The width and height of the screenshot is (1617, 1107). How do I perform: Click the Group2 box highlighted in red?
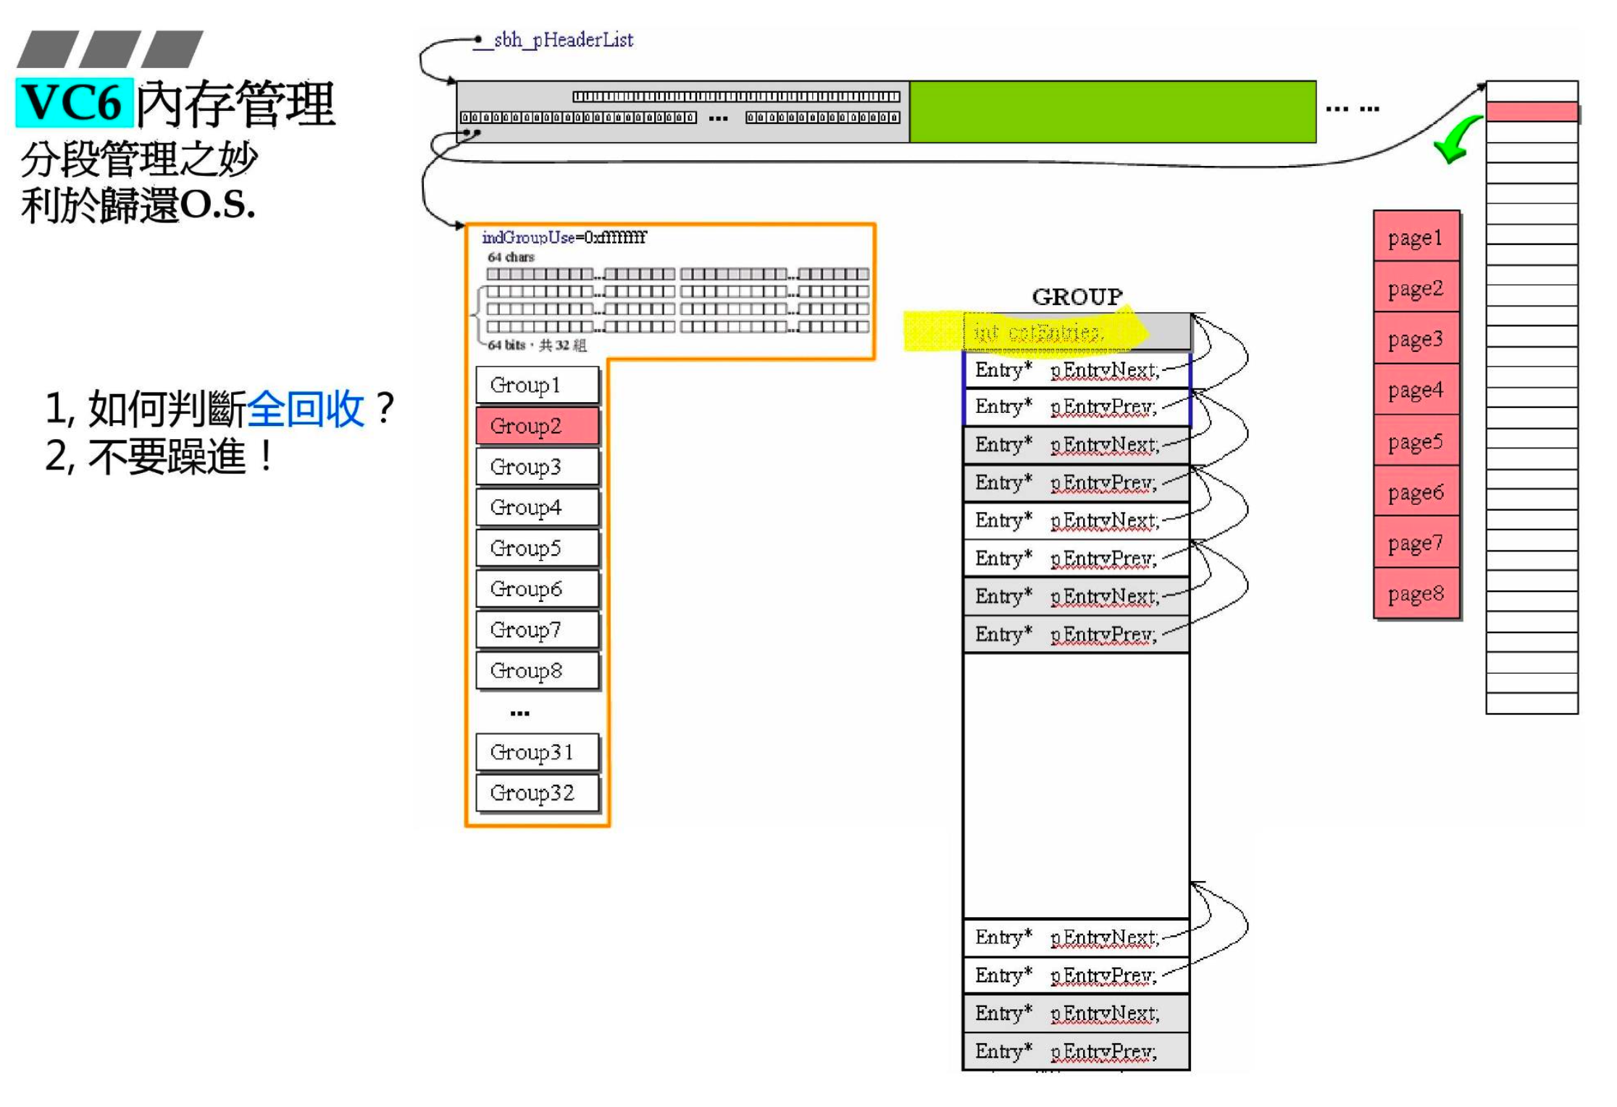coord(537,425)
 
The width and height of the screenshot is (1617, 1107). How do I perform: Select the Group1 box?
coord(537,385)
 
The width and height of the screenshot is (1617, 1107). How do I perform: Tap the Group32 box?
coord(537,793)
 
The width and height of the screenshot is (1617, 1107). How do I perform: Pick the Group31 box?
coord(537,752)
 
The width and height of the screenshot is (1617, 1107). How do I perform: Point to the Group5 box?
coord(537,548)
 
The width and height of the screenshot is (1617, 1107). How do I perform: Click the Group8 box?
coord(537,670)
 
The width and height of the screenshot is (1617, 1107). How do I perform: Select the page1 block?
coord(1416,237)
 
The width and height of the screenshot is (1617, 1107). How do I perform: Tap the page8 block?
coord(1416,593)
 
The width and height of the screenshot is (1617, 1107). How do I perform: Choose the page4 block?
coord(1416,390)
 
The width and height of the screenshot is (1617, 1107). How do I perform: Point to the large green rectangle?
coord(1112,112)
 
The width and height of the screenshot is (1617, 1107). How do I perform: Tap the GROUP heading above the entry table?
coord(1077,296)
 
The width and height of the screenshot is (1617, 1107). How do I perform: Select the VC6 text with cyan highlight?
coord(74,102)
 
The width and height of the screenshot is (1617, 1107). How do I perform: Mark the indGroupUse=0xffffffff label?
coord(564,237)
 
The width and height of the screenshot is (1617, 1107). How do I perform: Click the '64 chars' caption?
coord(511,257)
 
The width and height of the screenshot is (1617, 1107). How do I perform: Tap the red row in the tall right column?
coord(1532,112)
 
